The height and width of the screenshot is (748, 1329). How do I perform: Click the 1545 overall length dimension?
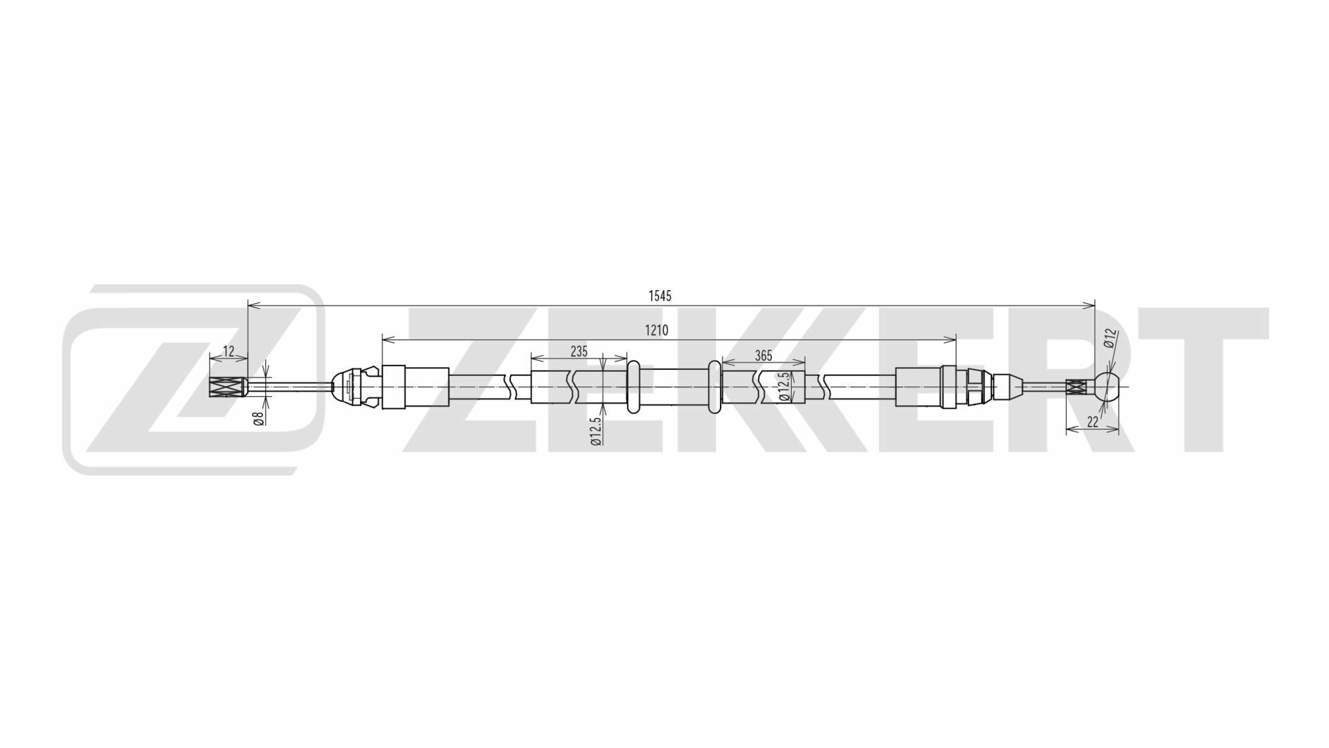coord(660,296)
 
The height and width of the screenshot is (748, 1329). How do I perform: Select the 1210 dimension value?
coord(656,330)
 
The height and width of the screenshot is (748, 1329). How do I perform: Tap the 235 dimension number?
coord(579,351)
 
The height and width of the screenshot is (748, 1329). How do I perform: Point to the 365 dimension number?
coord(763,355)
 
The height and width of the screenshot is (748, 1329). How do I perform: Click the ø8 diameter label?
coord(258,418)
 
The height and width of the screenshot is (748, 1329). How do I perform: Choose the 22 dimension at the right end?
coord(1093,422)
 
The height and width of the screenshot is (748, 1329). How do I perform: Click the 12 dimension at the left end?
coord(229,351)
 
